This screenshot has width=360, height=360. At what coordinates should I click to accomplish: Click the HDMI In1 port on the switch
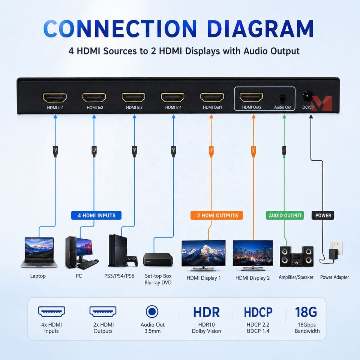(55, 97)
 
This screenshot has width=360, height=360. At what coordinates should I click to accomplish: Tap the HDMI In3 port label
(134, 107)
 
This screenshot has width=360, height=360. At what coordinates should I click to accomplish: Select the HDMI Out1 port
(212, 97)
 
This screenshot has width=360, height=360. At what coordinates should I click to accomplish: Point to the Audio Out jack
(283, 99)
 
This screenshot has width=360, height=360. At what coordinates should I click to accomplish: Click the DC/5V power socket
(307, 96)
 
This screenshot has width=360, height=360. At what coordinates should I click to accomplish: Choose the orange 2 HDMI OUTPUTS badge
(217, 215)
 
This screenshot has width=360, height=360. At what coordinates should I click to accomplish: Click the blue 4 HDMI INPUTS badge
(96, 215)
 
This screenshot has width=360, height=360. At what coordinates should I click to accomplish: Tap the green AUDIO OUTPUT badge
(285, 215)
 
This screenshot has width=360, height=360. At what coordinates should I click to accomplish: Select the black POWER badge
(323, 215)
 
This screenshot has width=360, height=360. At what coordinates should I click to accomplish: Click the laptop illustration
(39, 252)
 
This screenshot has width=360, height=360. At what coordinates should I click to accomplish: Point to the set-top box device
(158, 259)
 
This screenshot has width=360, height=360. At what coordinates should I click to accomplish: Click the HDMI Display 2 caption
(252, 278)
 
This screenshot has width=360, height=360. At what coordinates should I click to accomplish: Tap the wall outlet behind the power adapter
(336, 247)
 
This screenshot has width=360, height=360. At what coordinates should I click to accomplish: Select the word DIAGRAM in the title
(260, 29)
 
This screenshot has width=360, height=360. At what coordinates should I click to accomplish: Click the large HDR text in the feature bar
(206, 312)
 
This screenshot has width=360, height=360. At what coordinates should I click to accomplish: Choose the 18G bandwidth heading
(306, 312)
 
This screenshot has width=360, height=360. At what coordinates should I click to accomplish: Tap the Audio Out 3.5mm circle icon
(152, 312)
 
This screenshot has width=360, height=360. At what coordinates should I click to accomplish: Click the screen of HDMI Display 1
(203, 253)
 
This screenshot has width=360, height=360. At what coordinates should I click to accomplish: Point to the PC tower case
(71, 252)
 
